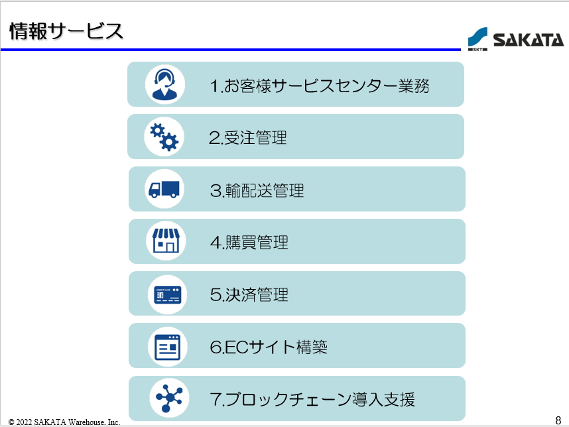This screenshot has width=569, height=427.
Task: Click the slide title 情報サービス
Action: [66, 31]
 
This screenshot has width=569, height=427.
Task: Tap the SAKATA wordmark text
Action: [529, 40]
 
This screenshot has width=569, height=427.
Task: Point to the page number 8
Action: [558, 420]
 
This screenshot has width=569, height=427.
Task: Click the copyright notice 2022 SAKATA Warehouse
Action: [64, 422]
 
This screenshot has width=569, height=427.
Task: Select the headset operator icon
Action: [164, 84]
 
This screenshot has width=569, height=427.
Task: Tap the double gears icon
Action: [164, 137]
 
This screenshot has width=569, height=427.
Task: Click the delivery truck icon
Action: [164, 189]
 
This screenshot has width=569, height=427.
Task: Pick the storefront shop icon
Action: [166, 241]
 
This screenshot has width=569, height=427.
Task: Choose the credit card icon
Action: [167, 294]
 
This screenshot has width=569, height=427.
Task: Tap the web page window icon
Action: [167, 347]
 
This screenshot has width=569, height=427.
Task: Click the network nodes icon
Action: [169, 398]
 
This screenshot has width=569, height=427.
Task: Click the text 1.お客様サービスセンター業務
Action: [320, 86]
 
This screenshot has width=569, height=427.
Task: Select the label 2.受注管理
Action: [248, 138]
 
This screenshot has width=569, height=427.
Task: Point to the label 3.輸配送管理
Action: [257, 190]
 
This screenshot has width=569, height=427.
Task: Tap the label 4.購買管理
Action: [249, 242]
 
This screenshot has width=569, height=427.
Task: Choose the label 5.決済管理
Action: [249, 294]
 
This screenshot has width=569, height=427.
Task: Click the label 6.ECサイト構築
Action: [269, 347]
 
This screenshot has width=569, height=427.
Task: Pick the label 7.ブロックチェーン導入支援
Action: [312, 399]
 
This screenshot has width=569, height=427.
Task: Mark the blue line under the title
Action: [231, 49]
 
